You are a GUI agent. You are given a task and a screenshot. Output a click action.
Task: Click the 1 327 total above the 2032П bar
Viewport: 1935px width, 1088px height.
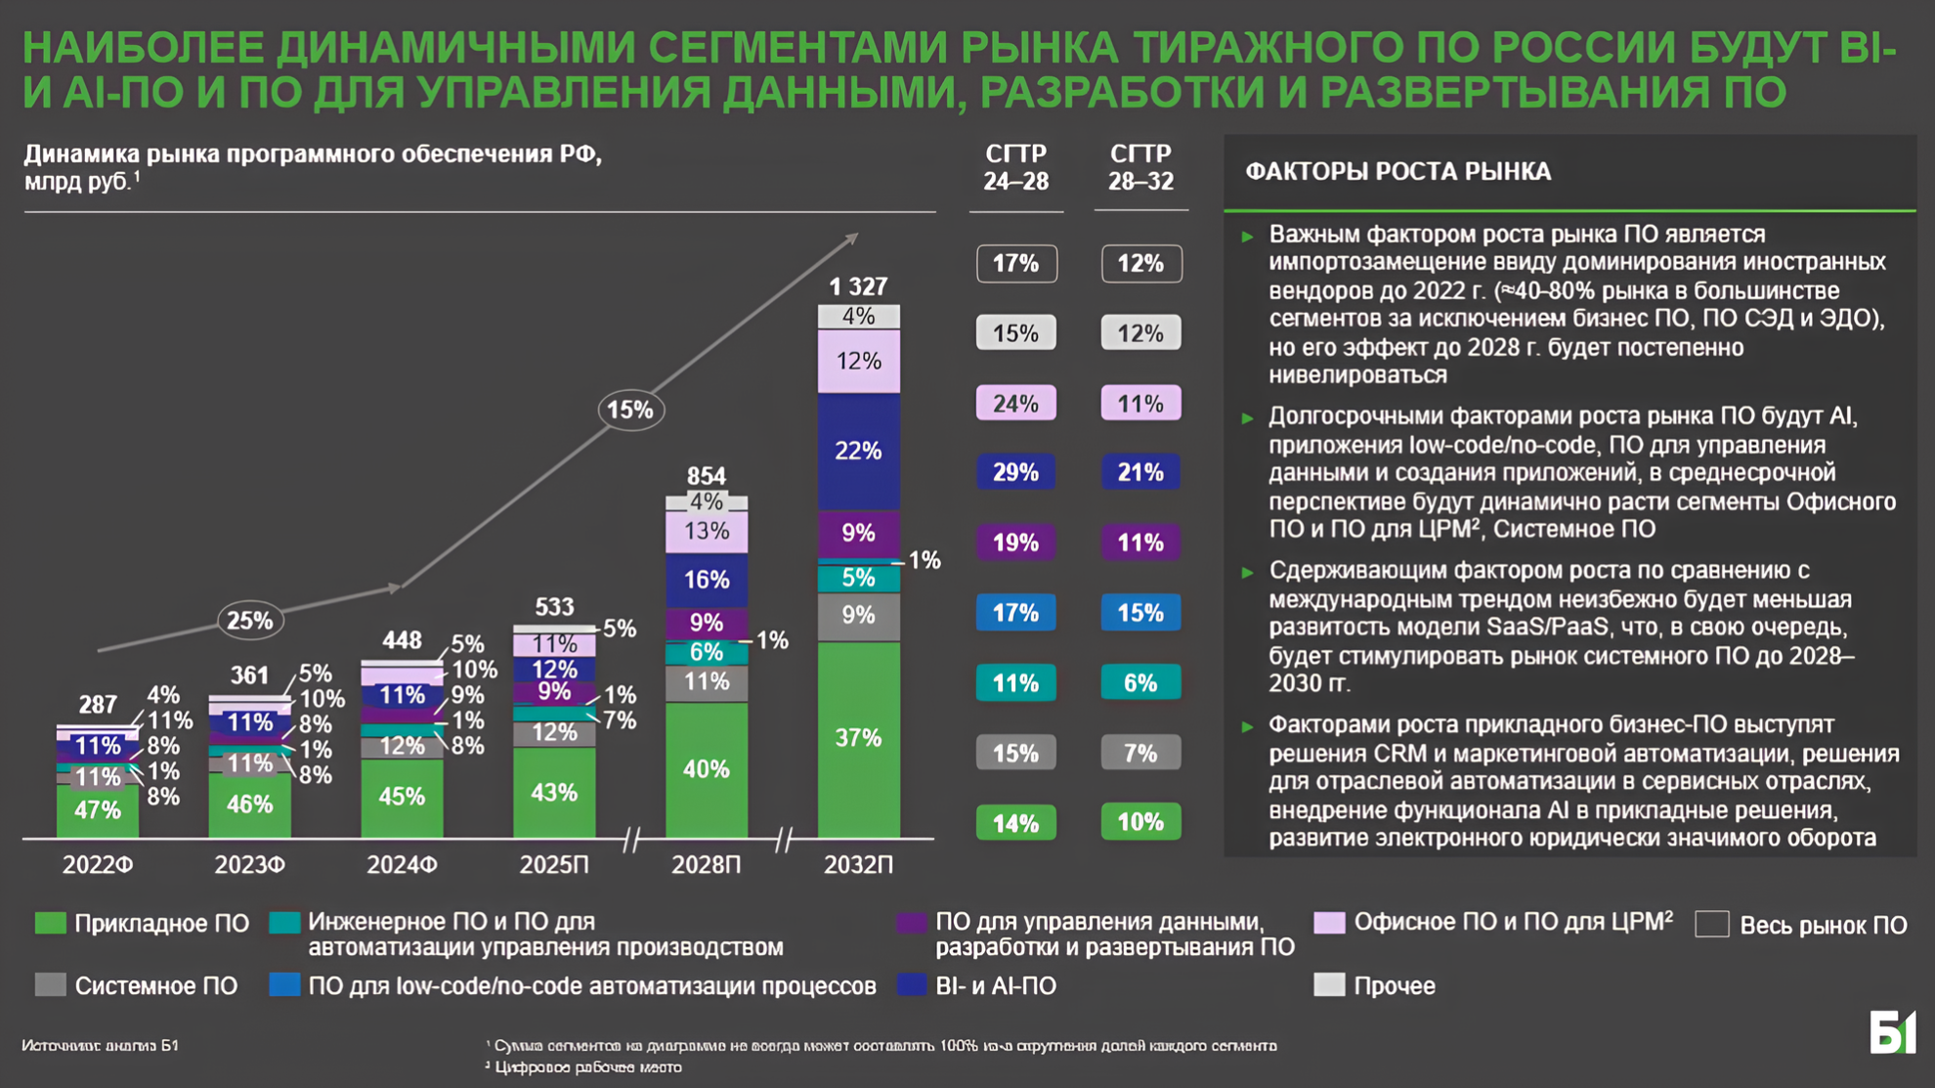pyautogui.click(x=858, y=286)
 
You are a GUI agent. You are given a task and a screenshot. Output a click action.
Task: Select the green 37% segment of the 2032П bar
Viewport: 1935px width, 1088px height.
pyautogui.click(x=858, y=738)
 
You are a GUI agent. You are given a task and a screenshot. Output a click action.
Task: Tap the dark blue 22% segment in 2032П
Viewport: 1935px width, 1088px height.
pyautogui.click(x=858, y=451)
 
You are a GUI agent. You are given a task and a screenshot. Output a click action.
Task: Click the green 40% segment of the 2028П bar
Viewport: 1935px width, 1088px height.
pyautogui.click(x=706, y=769)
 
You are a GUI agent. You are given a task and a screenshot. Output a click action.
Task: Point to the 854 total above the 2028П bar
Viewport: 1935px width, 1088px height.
pyautogui.click(x=706, y=476)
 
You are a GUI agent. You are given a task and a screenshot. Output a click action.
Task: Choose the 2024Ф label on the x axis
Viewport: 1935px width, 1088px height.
pyautogui.click(x=402, y=865)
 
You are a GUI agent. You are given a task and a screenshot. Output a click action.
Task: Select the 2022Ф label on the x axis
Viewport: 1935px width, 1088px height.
pyautogui.click(x=98, y=865)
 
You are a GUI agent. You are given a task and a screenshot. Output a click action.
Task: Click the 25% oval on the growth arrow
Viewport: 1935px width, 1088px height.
pyautogui.click(x=250, y=621)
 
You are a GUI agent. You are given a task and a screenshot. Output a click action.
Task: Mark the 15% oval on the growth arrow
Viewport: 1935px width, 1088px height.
pyautogui.click(x=630, y=410)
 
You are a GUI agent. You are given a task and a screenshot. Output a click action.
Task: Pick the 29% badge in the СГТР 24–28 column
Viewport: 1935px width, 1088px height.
pyautogui.click(x=1016, y=472)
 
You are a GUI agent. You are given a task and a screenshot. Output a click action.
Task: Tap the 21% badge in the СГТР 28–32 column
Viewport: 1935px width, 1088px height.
pyautogui.click(x=1140, y=472)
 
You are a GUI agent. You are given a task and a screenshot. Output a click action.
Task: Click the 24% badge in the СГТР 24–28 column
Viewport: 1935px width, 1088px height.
pyautogui.click(x=1016, y=403)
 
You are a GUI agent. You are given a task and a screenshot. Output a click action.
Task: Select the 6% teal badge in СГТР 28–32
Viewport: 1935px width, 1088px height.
pyautogui.click(x=1140, y=682)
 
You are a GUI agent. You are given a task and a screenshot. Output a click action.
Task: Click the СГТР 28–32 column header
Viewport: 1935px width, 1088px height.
pyautogui.click(x=1140, y=167)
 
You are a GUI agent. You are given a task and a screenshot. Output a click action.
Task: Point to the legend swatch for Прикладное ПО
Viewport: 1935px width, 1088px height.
pyautogui.click(x=51, y=923)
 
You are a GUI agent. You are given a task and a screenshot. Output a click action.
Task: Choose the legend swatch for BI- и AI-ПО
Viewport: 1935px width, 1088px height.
pyautogui.click(x=911, y=984)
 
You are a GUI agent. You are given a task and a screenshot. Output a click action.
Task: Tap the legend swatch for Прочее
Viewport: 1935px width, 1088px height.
pyautogui.click(x=1329, y=984)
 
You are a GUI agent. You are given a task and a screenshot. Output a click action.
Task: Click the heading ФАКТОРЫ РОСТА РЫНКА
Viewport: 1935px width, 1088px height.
pyautogui.click(x=1397, y=172)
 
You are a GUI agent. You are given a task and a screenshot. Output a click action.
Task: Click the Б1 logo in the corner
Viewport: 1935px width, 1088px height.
pyautogui.click(x=1892, y=1032)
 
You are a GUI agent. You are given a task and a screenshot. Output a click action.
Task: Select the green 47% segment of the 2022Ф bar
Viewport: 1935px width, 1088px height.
pyautogui.click(x=98, y=810)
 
